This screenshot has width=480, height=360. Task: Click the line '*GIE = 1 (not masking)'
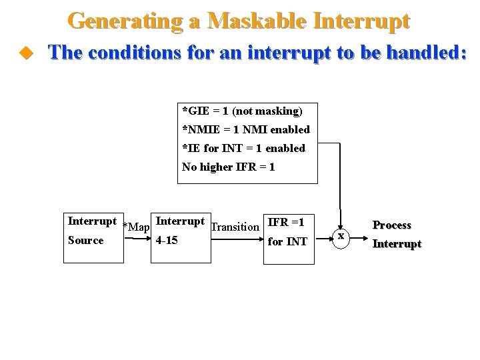tap(242, 110)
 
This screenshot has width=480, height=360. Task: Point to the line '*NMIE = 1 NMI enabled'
tap(245, 129)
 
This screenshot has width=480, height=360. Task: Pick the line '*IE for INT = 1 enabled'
tap(243, 148)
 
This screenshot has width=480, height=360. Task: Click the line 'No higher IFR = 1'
tap(228, 167)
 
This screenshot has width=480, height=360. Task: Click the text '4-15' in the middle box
tap(166, 241)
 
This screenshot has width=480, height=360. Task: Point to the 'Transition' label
tap(235, 227)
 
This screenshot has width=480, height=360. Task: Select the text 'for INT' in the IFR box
tap(287, 241)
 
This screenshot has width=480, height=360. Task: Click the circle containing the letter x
tap(341, 235)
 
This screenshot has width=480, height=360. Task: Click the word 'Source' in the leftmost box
tap(85, 240)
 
